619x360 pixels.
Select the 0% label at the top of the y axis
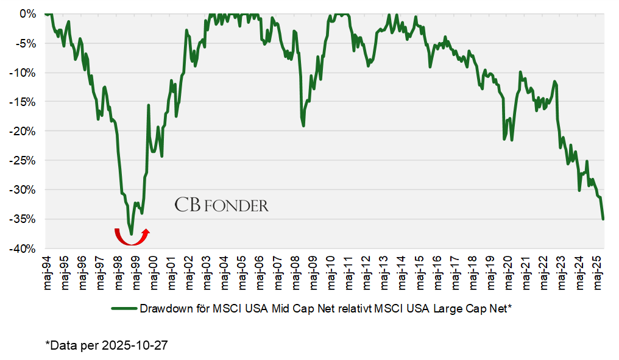pyautogui.click(x=28, y=13)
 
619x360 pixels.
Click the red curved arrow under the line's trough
pyautogui.click(x=132, y=237)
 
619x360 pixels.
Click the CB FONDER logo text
pyautogui.click(x=221, y=205)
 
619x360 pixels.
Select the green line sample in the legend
pyautogui.click(x=124, y=309)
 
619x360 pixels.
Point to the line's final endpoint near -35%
pyautogui.click(x=603, y=219)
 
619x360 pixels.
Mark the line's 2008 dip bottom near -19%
pyautogui.click(x=303, y=125)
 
